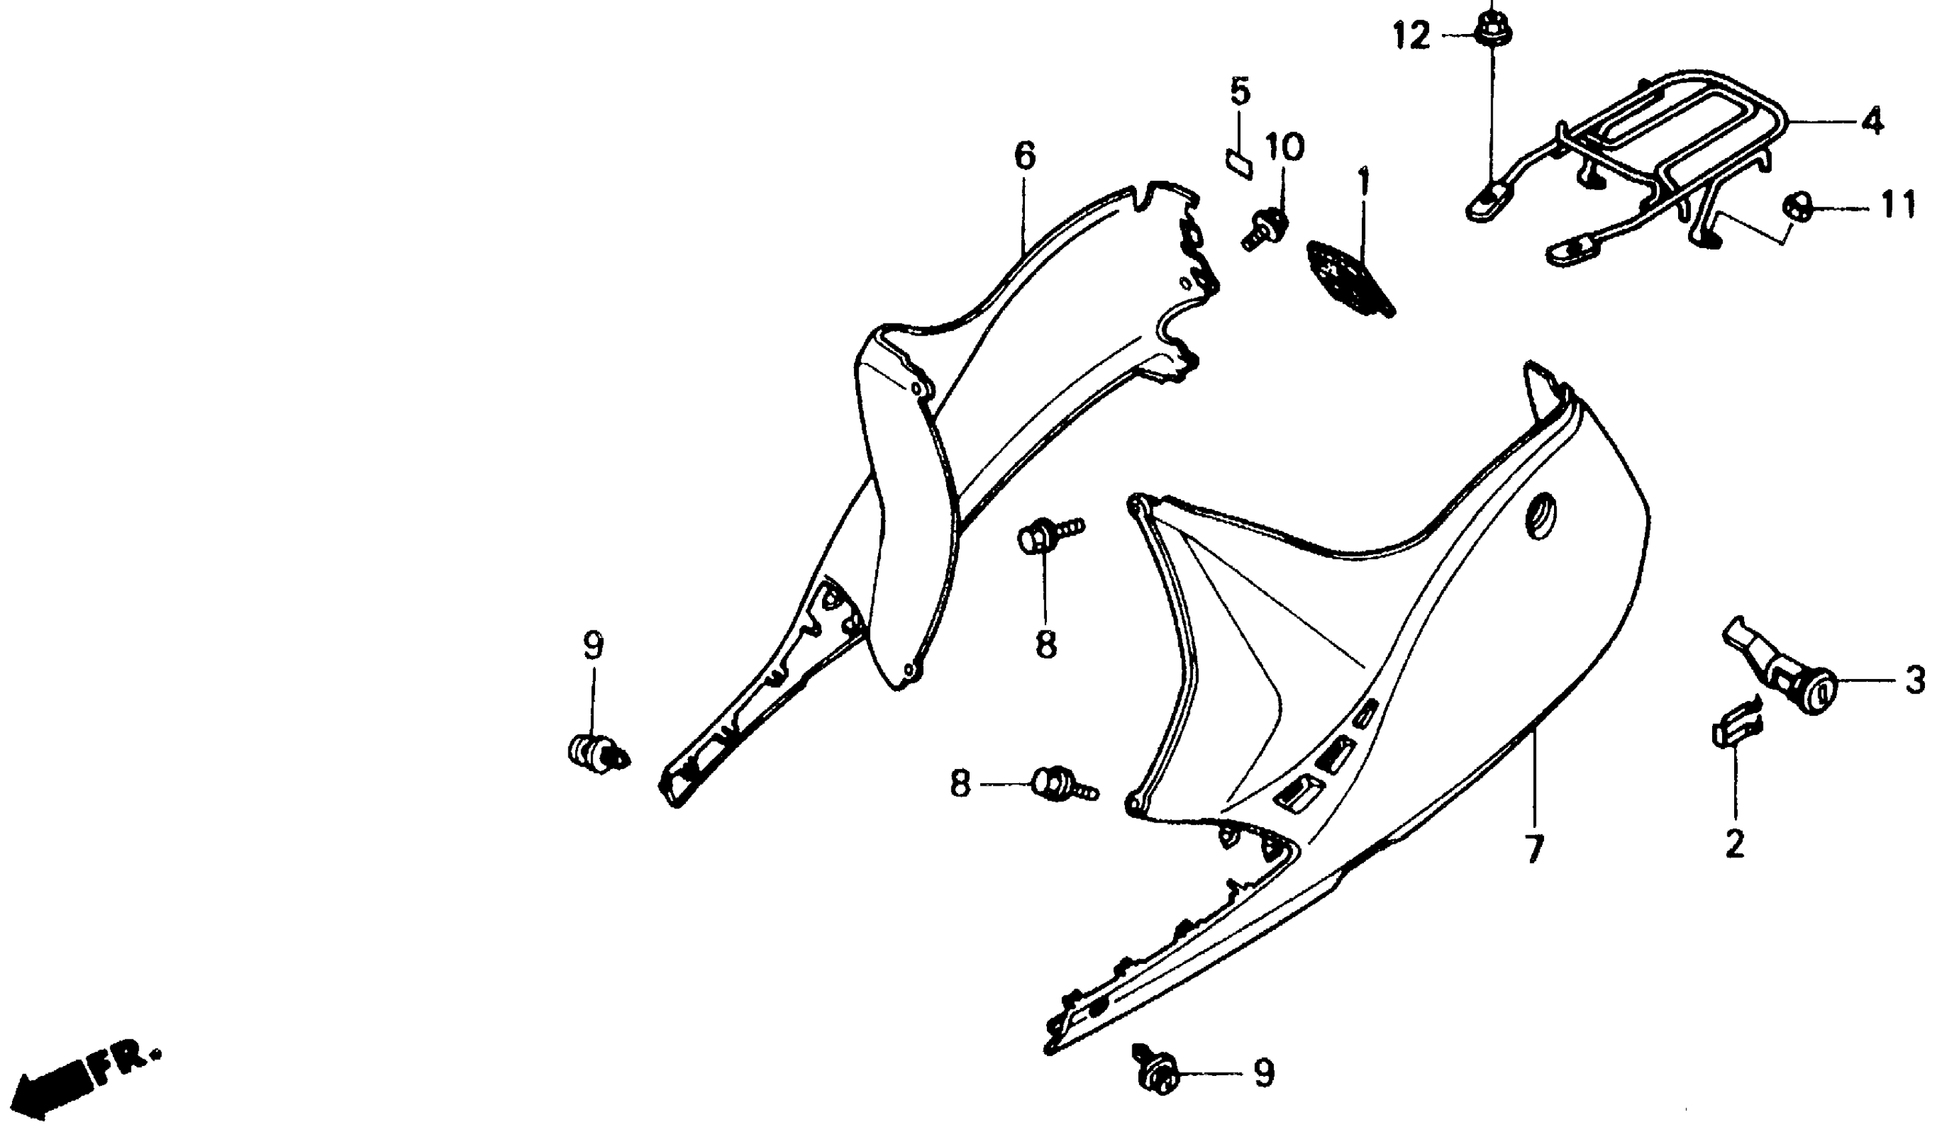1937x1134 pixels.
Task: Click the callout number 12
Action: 1413,36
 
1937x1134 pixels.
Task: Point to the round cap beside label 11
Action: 1796,206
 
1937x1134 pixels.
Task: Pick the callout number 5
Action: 1240,91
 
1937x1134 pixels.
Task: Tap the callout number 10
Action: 1285,146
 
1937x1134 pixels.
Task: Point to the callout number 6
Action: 1025,156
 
